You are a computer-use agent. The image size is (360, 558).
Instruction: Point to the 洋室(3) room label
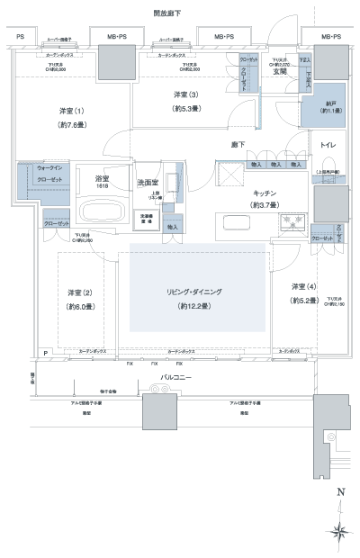(x=185, y=94)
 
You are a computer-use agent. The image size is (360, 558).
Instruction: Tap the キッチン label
(x=264, y=193)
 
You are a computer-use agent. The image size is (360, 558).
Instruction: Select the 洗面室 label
(x=148, y=182)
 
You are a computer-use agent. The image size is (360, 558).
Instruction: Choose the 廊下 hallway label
(x=239, y=144)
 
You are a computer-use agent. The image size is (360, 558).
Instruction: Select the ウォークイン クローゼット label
(x=37, y=173)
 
